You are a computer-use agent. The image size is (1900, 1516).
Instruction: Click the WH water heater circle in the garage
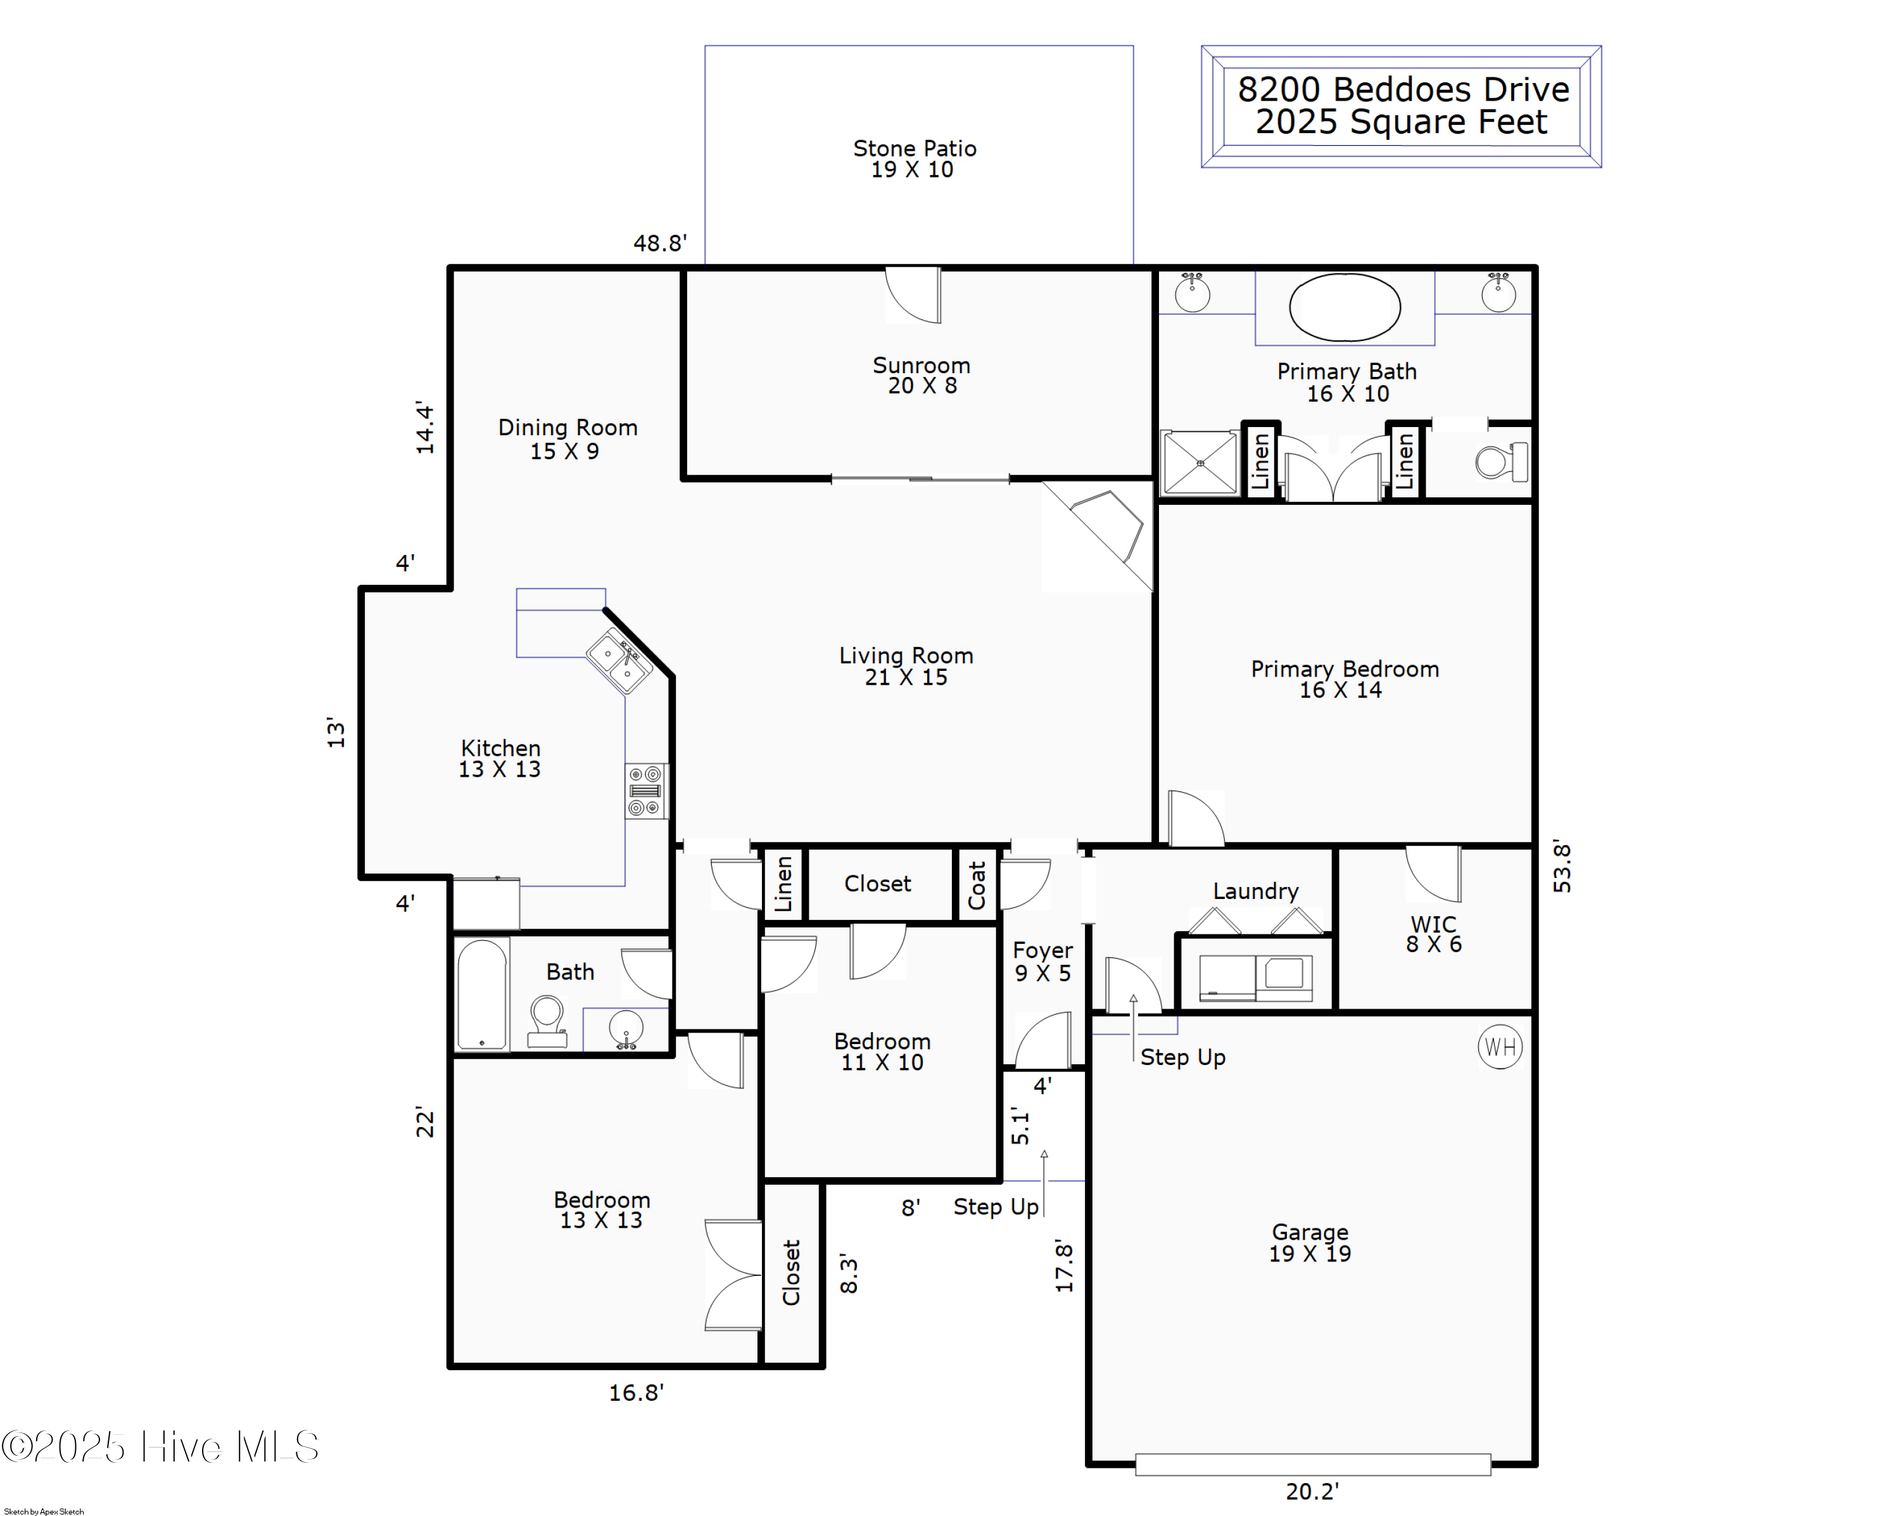pyautogui.click(x=1500, y=1047)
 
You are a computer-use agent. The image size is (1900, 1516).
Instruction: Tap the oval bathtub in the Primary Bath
pyautogui.click(x=1344, y=307)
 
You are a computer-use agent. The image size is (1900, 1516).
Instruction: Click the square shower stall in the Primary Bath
pyautogui.click(x=1200, y=462)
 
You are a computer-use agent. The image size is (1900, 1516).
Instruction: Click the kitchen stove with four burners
pyautogui.click(x=645, y=791)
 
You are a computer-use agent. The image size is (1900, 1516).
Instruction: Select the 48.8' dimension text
pyautogui.click(x=660, y=243)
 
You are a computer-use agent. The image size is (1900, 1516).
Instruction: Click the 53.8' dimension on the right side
pyautogui.click(x=1562, y=867)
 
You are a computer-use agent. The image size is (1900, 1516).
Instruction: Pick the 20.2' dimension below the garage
pyautogui.click(x=1312, y=1491)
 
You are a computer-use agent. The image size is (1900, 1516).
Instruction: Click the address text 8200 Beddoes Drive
pyautogui.click(x=1403, y=90)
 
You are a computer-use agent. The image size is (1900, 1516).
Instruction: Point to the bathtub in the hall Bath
pyautogui.click(x=482, y=994)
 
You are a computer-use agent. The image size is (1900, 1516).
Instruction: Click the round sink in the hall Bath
pyautogui.click(x=626, y=1028)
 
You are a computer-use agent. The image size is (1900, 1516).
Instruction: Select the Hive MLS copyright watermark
pyautogui.click(x=160, y=1447)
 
